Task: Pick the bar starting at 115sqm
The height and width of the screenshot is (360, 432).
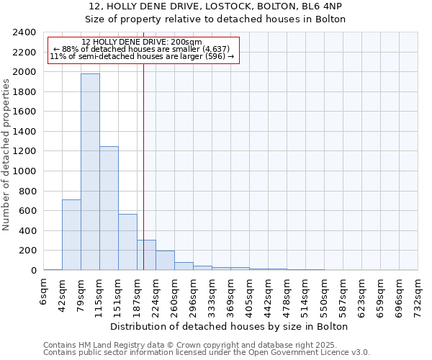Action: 109,208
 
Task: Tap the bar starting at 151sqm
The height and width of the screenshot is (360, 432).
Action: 127,242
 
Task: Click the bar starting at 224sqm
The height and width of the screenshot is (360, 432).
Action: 165,260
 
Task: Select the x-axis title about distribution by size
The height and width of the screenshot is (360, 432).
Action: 230,326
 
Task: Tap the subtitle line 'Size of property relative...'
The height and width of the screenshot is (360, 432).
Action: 216,19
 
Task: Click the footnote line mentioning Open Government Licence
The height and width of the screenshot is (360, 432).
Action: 207,352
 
